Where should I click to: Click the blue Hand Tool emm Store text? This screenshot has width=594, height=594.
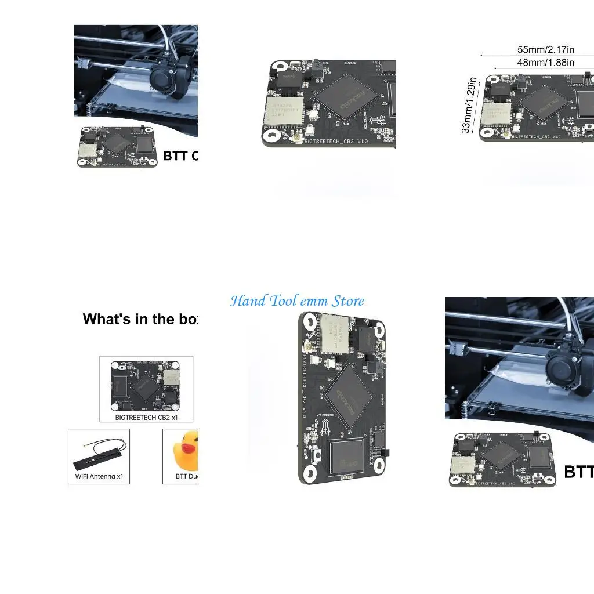coord(297,301)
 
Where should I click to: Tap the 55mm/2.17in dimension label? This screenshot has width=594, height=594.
coord(545,50)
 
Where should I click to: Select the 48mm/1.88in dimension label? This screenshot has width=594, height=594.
coord(545,63)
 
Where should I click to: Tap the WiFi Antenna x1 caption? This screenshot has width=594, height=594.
coord(99,477)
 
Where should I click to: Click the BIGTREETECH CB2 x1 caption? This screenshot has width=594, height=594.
coord(146,416)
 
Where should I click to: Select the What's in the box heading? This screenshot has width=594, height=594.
coord(140,319)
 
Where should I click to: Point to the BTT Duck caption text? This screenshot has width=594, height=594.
coord(187,477)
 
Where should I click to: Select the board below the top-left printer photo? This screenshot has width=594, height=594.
coord(118,147)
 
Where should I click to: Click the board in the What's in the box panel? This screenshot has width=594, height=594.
coord(146,385)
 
